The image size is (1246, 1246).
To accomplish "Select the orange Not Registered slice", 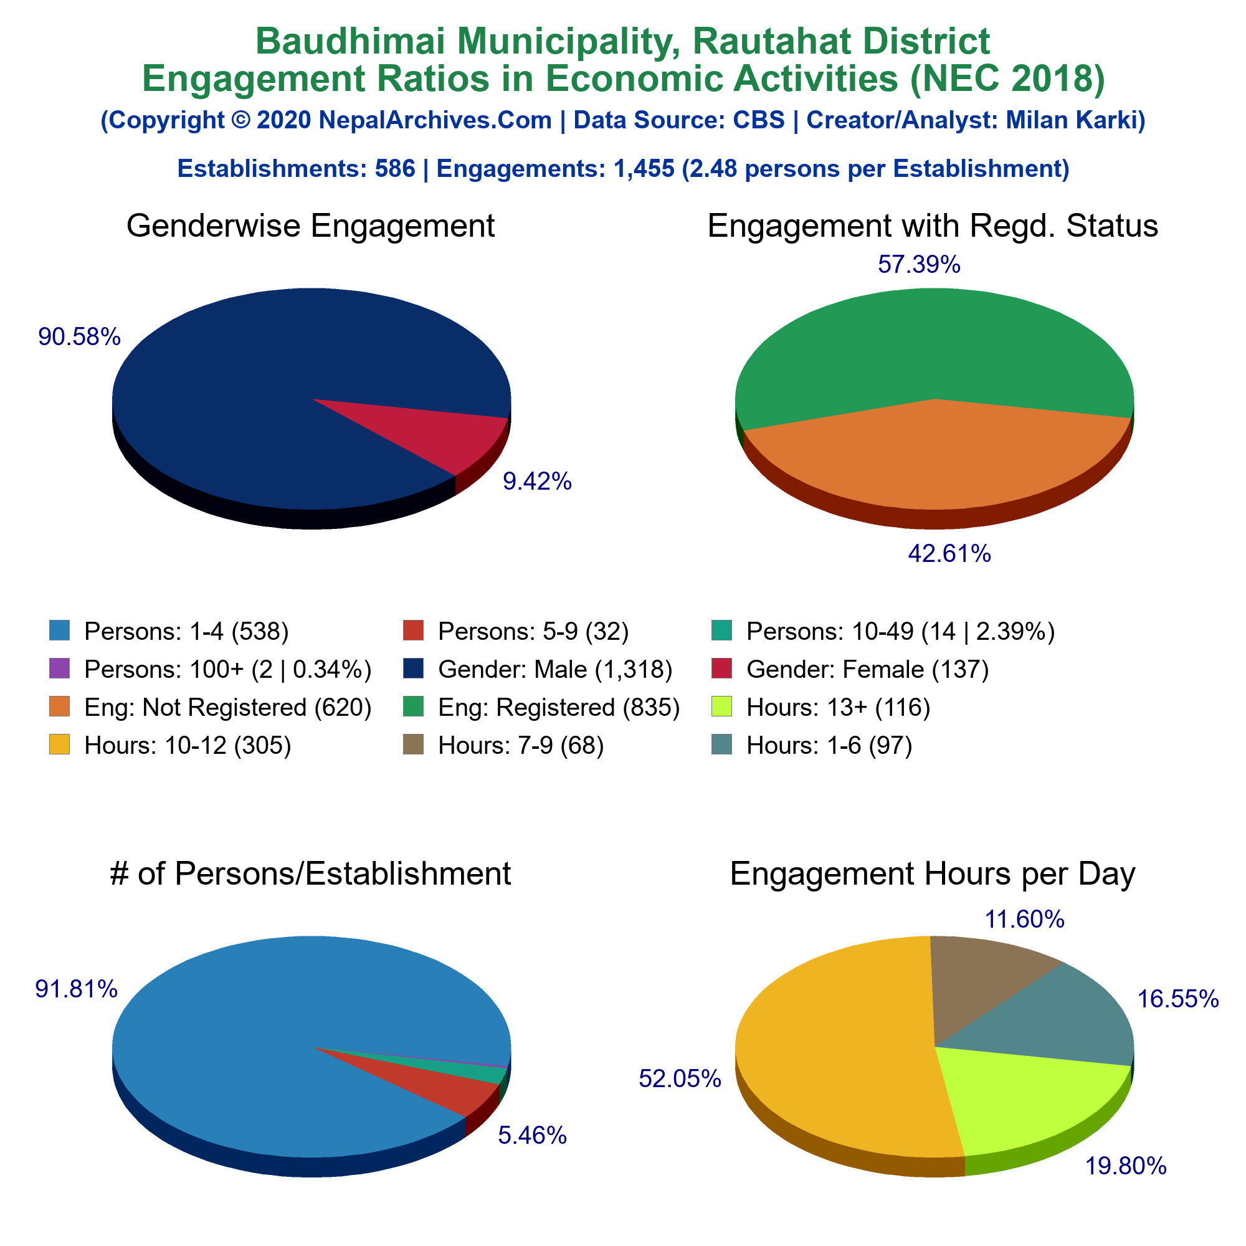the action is tap(935, 458).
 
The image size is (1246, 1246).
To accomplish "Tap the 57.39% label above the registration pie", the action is tap(919, 264).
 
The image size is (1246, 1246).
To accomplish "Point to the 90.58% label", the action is tap(79, 336).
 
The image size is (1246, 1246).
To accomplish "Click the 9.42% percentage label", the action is tap(537, 481).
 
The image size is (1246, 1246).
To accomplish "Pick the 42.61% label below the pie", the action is tap(949, 553).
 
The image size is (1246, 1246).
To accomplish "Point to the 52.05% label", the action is tap(680, 1078).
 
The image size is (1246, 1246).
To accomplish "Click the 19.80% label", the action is tap(1125, 1166).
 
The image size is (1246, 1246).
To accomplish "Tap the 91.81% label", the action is tap(76, 989).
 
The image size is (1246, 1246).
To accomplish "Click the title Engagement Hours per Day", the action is tap(933, 875).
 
